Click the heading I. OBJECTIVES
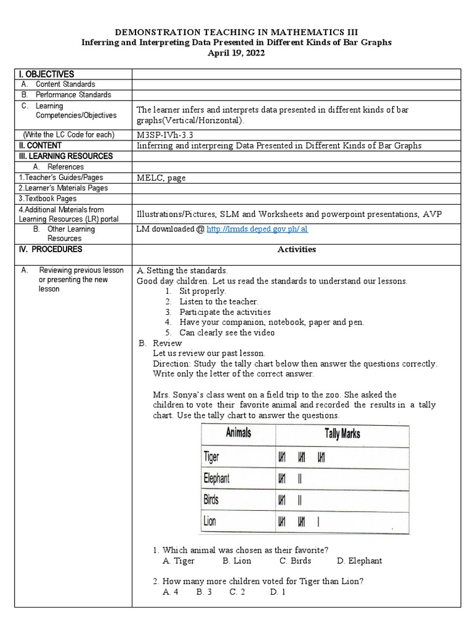46,74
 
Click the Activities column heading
297,250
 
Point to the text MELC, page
161,178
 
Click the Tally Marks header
342,433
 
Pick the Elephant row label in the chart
217,478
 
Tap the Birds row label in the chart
211,499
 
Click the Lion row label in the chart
210,521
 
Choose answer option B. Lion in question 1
236,561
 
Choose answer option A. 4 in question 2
171,592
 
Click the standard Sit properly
203,291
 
